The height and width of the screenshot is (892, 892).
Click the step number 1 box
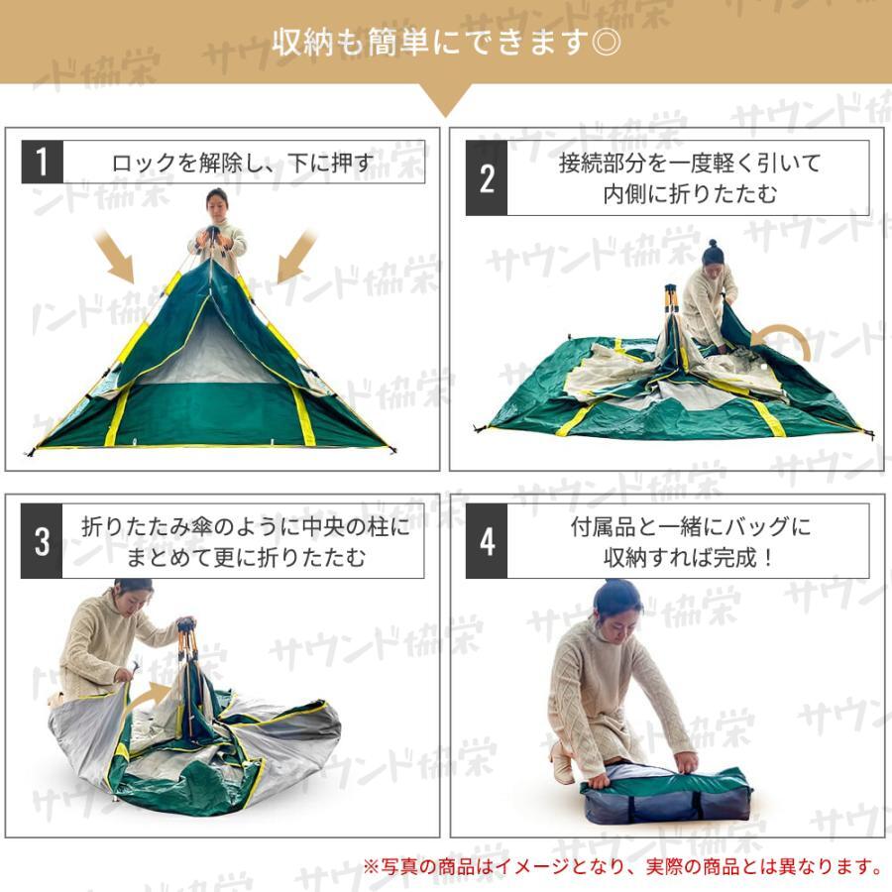pos(42,163)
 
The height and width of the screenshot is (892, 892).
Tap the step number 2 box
pos(487,178)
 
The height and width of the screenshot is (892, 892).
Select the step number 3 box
pos(42,541)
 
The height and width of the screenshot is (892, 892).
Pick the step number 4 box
pos(487,541)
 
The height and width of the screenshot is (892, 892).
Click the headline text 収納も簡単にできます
pos(431,42)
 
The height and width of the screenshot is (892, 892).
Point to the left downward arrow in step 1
pos(114,256)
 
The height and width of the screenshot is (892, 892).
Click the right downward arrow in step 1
pos(296,256)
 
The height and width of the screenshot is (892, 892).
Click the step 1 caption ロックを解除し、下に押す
pos(244,164)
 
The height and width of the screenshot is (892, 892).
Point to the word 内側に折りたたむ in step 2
pos(690,194)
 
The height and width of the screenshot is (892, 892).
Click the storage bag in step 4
pos(667,795)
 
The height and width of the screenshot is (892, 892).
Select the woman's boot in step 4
pos(560,762)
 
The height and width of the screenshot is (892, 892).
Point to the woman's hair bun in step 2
pos(712,244)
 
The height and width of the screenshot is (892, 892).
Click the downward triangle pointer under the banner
pos(445,98)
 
